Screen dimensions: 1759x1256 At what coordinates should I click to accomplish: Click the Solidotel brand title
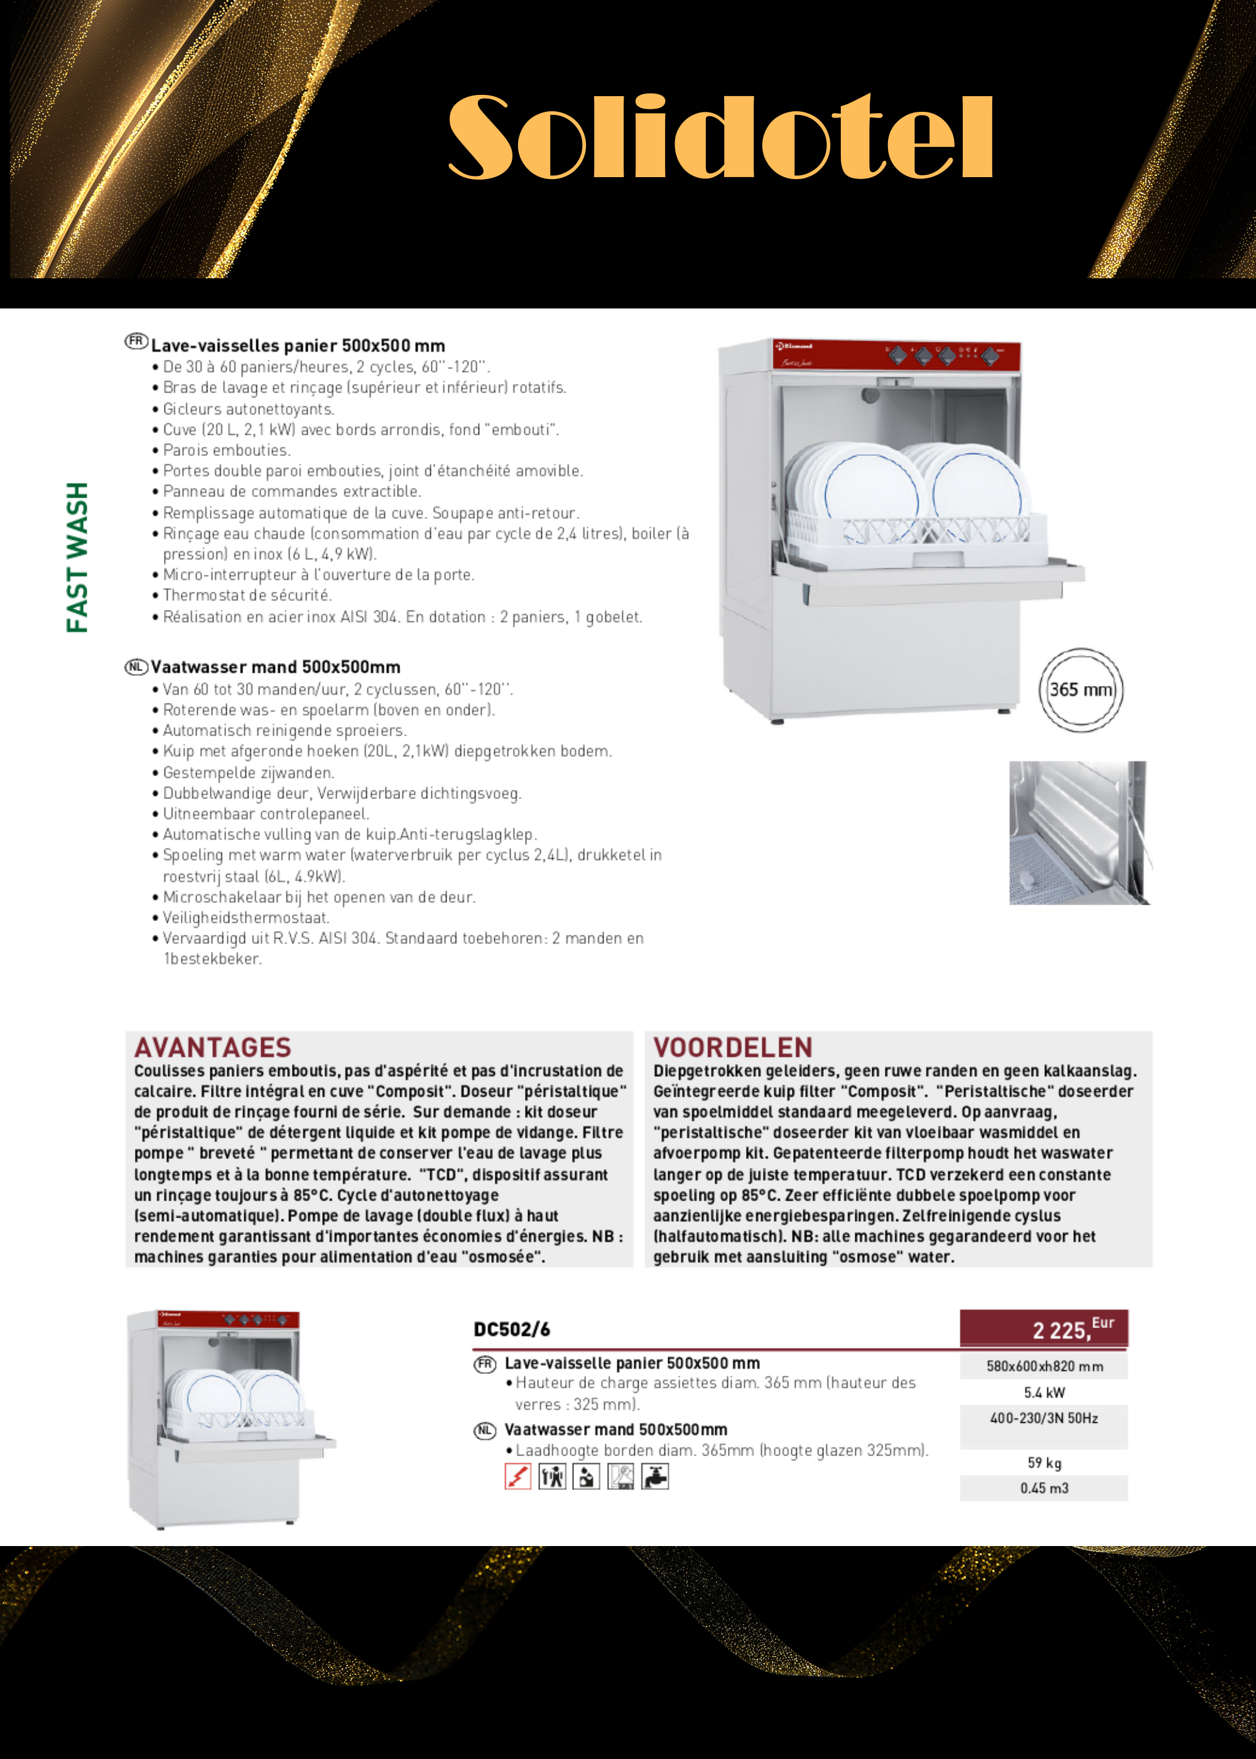(x=720, y=138)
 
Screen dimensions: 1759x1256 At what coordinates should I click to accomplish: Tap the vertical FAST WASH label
(x=77, y=557)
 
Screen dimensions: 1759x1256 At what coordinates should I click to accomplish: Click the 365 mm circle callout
(x=1080, y=690)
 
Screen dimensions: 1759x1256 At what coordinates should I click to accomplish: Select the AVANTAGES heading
(x=213, y=1047)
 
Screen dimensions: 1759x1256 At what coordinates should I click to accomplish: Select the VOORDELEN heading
(x=732, y=1047)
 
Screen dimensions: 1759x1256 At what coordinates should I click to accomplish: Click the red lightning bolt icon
(x=517, y=1477)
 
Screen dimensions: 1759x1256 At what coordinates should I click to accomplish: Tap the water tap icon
(x=655, y=1477)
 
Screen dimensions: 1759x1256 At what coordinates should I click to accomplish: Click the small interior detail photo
(x=1079, y=832)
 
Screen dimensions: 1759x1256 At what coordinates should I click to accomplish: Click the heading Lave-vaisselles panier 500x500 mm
(x=298, y=346)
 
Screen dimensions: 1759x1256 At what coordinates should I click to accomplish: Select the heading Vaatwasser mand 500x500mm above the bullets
(x=274, y=667)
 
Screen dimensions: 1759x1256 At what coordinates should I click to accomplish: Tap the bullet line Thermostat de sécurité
(x=247, y=596)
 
